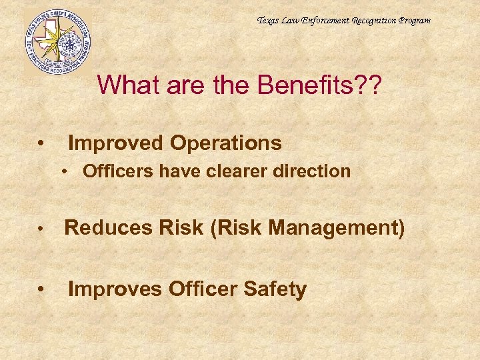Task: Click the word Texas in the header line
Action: [269, 21]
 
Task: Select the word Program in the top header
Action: [414, 21]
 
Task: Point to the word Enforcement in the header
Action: [322, 21]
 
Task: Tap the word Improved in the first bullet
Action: [116, 143]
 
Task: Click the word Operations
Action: [225, 143]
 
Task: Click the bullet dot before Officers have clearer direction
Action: [68, 172]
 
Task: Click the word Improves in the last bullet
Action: [115, 289]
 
